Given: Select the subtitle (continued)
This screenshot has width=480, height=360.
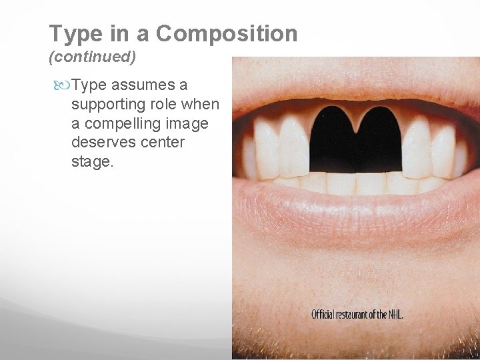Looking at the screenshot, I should [x=93, y=57].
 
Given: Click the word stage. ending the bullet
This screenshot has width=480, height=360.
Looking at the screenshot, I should [x=93, y=162].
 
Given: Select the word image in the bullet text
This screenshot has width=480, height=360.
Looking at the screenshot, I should [x=189, y=124].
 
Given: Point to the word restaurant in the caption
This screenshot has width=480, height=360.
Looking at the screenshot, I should [x=354, y=314].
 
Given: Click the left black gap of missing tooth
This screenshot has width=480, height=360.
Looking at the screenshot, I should [x=333, y=140].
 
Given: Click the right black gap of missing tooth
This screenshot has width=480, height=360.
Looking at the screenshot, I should [x=378, y=140].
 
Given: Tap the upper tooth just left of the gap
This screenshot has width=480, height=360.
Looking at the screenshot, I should [x=294, y=147].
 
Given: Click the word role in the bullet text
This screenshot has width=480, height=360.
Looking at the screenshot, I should [x=170, y=105].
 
